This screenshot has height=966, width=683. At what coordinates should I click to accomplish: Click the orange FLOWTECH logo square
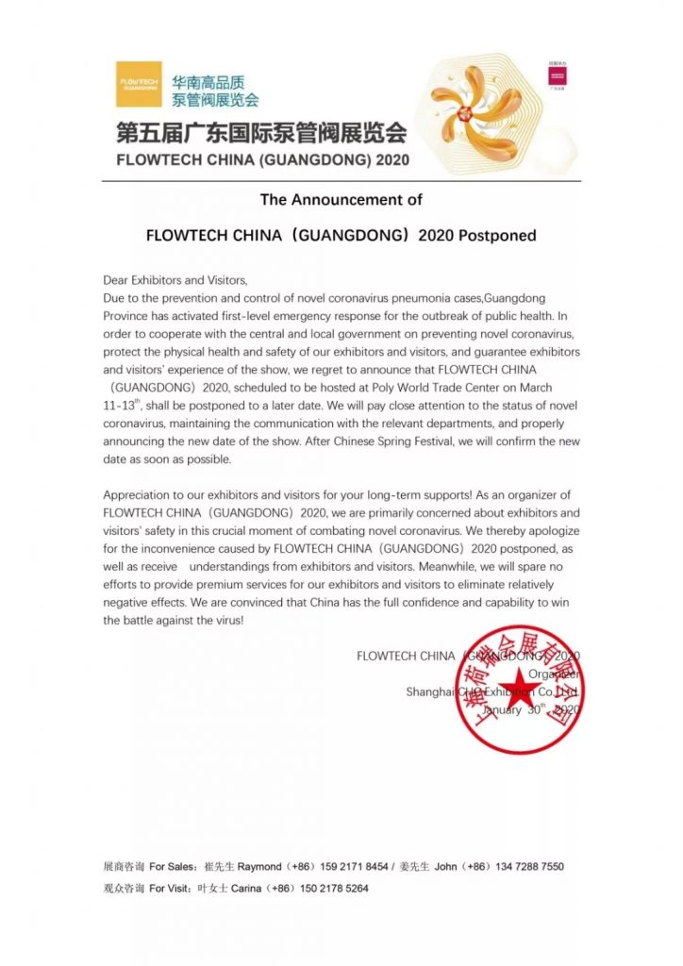tap(139, 85)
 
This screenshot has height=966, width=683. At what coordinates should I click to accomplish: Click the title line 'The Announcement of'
tap(341, 200)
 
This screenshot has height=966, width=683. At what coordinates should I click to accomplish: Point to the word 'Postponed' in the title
tap(497, 235)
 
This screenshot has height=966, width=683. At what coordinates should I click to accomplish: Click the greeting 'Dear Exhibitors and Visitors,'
tap(175, 280)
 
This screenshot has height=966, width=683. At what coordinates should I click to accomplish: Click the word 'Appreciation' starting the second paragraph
tap(136, 495)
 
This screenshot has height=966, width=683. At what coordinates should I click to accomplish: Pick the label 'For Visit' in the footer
tap(171, 889)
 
